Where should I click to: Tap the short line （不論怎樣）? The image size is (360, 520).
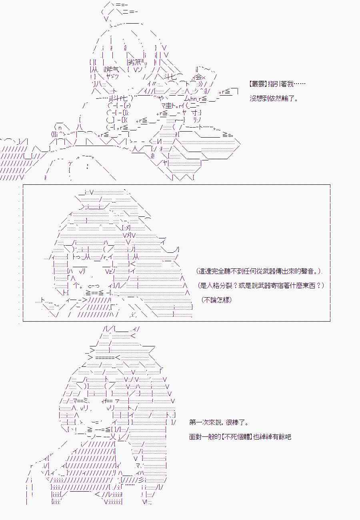(216, 300)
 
